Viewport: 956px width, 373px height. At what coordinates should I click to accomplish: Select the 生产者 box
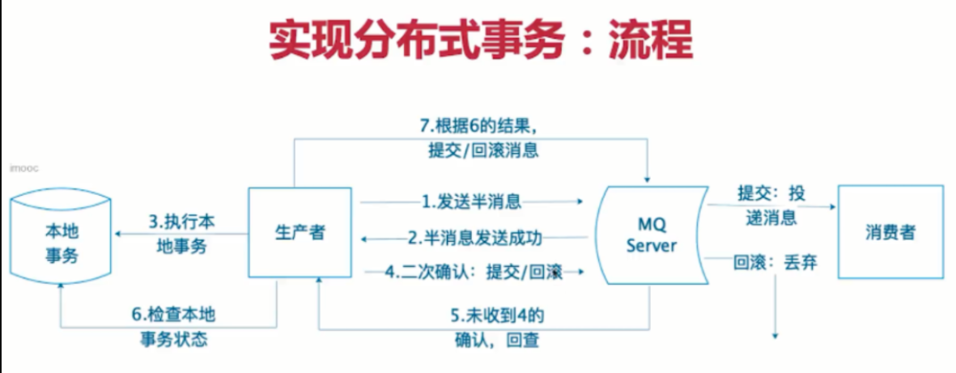click(x=300, y=233)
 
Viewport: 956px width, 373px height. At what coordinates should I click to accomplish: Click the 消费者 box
click(x=890, y=232)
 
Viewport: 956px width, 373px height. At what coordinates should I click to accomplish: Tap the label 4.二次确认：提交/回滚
click(x=473, y=273)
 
